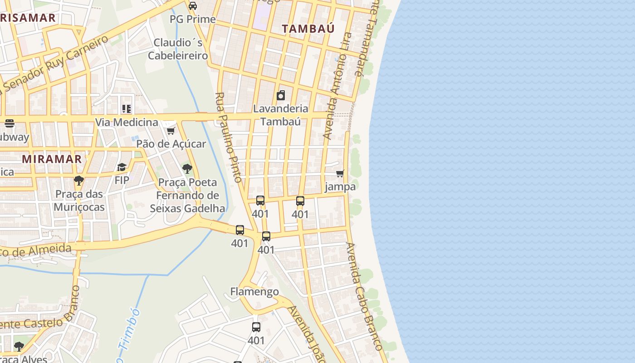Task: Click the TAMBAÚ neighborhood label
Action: pos(308,29)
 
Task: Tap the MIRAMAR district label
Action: pos(52,159)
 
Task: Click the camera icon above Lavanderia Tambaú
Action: pos(281,95)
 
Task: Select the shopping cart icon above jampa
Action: pos(340,173)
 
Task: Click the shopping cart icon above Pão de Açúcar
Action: pos(171,131)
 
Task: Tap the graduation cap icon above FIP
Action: pos(122,167)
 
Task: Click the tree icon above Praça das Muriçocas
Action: pos(79,181)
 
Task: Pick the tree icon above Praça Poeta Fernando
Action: pos(187,169)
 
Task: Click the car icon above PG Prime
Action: pos(193,6)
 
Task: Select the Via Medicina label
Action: pos(127,122)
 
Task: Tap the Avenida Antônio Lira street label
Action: pos(337,85)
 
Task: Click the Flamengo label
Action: pos(254,291)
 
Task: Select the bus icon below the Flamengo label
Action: pos(256,327)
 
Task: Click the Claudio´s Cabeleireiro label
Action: pos(178,49)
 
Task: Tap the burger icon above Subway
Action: pos(10,123)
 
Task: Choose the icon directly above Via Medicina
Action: pos(127,108)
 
